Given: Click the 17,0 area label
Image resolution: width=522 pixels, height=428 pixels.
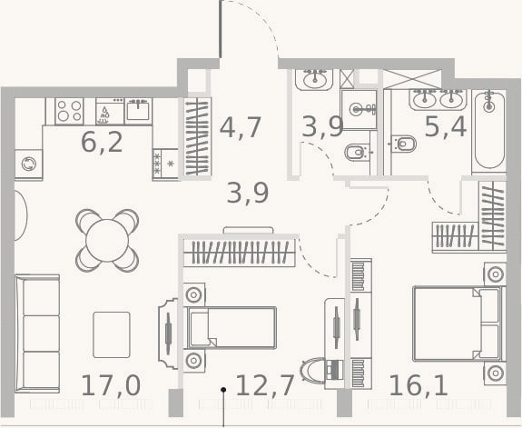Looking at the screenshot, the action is coord(111,385).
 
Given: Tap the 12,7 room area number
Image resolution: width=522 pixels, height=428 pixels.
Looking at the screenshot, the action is coord(265,385).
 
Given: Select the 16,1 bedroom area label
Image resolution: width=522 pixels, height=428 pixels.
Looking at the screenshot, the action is coord(419,385).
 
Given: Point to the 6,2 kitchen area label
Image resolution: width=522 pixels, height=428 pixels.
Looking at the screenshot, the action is coord(102,142).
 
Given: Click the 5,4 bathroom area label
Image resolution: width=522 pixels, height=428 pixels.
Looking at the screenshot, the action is coord(446,126).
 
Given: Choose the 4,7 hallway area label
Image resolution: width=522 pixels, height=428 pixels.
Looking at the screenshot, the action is coord(241,127).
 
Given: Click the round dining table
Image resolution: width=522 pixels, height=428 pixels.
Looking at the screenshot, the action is coord(107,240).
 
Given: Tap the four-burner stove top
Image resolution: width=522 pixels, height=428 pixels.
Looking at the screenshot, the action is coord(69,111).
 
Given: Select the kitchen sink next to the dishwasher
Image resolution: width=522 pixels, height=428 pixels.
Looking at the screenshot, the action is coord(138,111).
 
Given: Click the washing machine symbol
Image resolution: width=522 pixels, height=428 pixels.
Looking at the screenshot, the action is coord(29,164).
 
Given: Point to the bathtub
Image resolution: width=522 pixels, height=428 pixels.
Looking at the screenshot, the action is coord(488,131).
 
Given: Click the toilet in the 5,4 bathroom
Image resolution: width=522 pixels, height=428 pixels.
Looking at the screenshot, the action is coord(403,144).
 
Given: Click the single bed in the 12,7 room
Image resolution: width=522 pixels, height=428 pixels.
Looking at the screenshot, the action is coord(231,327).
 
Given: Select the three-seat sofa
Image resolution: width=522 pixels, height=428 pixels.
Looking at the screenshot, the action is coord(37,333).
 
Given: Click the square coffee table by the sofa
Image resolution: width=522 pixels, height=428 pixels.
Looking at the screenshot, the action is coord(112,334).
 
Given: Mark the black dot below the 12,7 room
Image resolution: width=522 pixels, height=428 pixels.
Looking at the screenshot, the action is coord(223,389).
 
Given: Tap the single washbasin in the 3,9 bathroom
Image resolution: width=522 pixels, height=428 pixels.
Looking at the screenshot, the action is coord(314,79).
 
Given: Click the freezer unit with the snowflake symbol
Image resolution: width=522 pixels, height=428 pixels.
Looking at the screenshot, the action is coord(165,164).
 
